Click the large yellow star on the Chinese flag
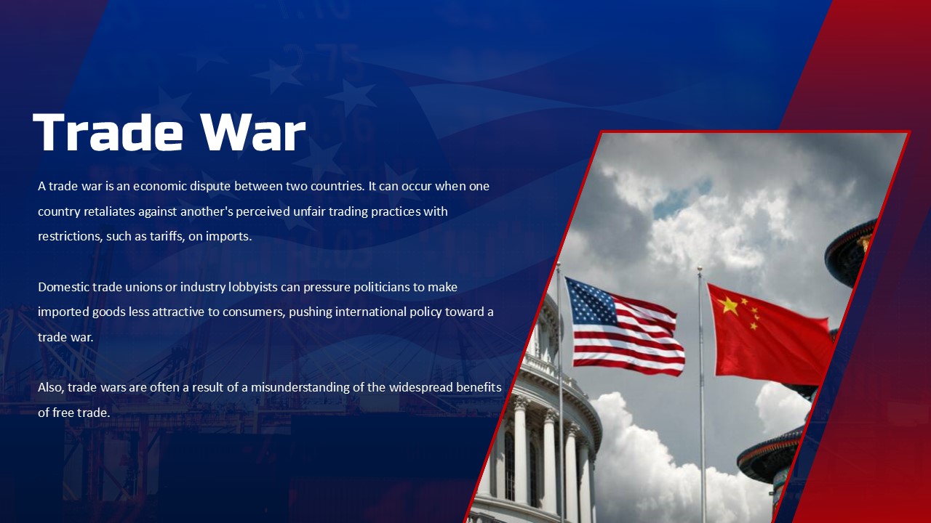pyautogui.click(x=728, y=305)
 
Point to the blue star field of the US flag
pyautogui.click(x=591, y=302)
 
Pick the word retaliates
pyautogui.click(x=108, y=211)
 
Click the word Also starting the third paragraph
pyautogui.click(x=50, y=387)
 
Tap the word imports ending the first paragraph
pyautogui.click(x=229, y=236)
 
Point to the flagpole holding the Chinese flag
pyautogui.click(x=702, y=436)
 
